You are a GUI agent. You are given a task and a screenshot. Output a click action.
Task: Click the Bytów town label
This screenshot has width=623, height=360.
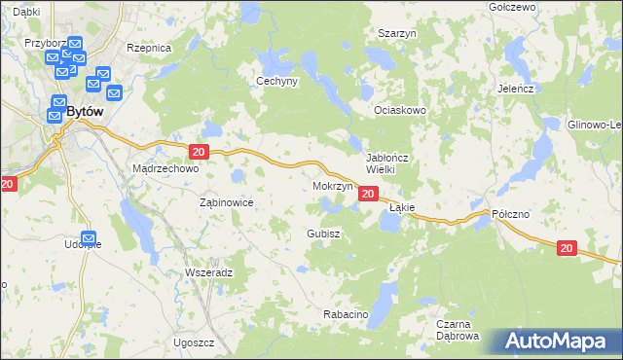(85, 111)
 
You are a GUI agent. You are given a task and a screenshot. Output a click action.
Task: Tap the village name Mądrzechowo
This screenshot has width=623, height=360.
(165, 167)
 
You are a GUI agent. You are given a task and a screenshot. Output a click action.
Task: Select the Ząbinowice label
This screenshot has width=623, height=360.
(226, 202)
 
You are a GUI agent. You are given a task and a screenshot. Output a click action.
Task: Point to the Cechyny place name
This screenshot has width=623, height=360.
(276, 82)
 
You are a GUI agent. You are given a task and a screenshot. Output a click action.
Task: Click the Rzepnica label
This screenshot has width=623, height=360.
(149, 47)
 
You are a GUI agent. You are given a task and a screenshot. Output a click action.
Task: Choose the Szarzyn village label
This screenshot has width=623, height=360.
(397, 32)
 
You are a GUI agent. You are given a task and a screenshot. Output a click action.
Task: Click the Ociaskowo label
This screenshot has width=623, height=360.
(401, 111)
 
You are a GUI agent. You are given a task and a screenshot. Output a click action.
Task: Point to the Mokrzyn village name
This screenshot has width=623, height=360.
(332, 186)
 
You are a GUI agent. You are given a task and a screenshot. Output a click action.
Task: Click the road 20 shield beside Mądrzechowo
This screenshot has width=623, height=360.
(198, 152)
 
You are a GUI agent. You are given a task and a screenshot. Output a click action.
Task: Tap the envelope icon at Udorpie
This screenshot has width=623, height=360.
(89, 237)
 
